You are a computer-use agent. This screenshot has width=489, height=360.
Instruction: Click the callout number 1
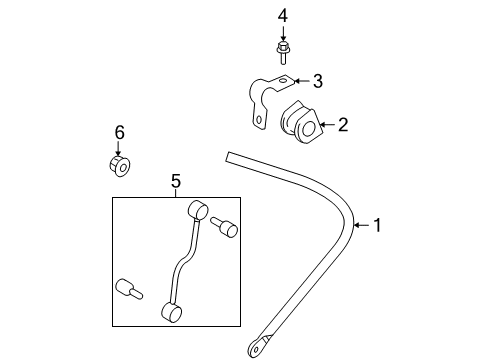(376, 226)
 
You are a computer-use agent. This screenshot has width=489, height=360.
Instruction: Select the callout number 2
(342, 125)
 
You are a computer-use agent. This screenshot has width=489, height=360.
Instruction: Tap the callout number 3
(317, 81)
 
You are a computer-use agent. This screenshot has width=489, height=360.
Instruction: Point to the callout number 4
(282, 15)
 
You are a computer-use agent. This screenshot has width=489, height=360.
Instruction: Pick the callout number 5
(175, 181)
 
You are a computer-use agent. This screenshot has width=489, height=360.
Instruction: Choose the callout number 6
(119, 131)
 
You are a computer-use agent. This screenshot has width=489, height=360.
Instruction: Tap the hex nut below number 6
(119, 164)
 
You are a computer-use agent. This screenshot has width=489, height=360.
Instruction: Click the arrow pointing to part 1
(361, 226)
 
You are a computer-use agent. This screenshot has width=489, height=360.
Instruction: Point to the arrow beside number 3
(301, 81)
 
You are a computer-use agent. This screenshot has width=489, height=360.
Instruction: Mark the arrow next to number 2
(327, 125)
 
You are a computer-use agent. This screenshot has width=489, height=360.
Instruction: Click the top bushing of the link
(196, 211)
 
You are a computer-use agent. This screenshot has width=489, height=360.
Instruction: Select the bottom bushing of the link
(171, 314)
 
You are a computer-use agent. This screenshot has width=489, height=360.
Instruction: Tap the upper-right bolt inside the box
(228, 228)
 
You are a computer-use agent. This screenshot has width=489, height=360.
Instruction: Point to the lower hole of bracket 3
(259, 121)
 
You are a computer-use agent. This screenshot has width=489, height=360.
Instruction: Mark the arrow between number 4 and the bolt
(282, 32)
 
